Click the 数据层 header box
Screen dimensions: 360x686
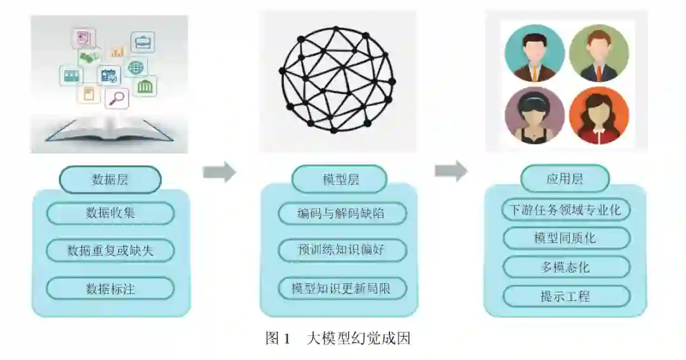[x=110, y=180]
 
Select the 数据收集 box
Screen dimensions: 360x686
[x=110, y=213]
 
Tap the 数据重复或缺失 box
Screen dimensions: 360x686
[x=110, y=250]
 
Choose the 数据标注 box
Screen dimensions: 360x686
[x=110, y=289]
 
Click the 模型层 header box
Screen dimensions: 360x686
[x=340, y=180]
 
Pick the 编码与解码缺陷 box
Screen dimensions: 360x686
[x=342, y=213]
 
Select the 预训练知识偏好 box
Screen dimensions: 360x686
[x=342, y=250]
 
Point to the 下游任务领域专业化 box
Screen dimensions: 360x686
[x=566, y=210]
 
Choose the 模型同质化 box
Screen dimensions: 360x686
[x=566, y=238]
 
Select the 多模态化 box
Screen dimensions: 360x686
[x=566, y=267]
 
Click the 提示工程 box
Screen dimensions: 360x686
[x=566, y=296]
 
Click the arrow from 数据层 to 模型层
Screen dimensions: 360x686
[x=219, y=171]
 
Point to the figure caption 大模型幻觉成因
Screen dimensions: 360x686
[x=358, y=338]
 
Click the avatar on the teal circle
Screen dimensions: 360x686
[x=534, y=55]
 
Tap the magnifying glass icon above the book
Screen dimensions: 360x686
[x=117, y=98]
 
